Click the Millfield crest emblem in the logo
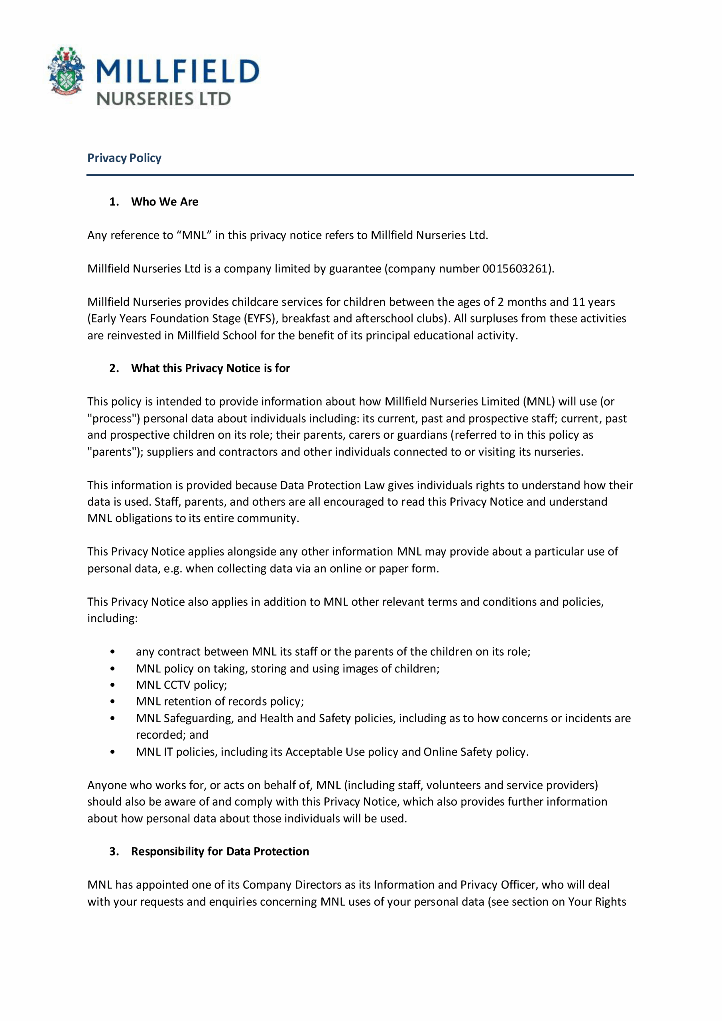[66, 71]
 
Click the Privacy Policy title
[124, 158]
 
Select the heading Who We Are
[165, 202]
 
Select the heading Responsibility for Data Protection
[220, 851]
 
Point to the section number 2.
[114, 368]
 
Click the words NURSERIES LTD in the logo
[163, 99]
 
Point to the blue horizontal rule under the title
[360, 175]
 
